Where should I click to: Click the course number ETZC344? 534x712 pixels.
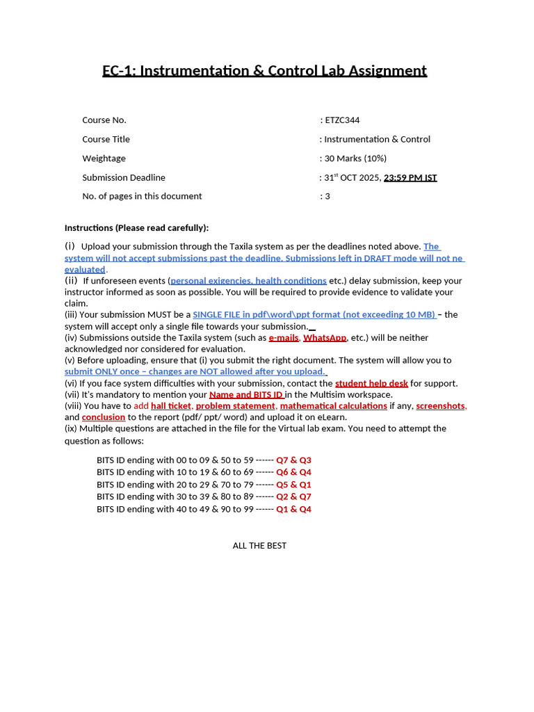click(x=342, y=120)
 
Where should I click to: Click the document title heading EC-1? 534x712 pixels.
click(x=264, y=70)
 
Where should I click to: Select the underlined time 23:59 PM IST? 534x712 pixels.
click(x=410, y=177)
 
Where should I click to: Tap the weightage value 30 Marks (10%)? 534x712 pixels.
click(x=355, y=159)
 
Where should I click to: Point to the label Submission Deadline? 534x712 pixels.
click(x=124, y=177)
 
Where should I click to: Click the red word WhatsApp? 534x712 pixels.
click(x=325, y=338)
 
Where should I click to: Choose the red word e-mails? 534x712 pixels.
click(x=284, y=338)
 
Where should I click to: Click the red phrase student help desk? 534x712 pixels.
click(x=371, y=383)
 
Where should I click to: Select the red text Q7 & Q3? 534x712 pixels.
click(x=293, y=460)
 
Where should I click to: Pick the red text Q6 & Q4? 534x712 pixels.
click(x=293, y=472)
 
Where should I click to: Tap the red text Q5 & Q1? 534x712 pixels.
click(x=293, y=485)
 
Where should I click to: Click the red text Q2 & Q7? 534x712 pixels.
click(x=293, y=496)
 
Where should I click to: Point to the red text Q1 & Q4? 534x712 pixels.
click(x=293, y=509)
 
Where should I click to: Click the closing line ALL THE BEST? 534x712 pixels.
click(x=259, y=546)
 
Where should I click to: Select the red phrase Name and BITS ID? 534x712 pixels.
click(x=246, y=394)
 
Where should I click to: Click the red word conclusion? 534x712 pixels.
click(x=104, y=417)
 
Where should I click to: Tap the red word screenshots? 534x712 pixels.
click(x=441, y=406)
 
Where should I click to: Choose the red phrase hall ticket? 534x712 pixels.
click(x=171, y=406)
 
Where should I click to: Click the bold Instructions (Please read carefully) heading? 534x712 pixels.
click(x=136, y=228)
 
